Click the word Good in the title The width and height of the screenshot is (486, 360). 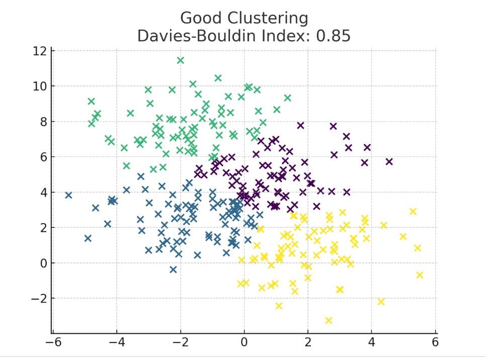tap(199, 18)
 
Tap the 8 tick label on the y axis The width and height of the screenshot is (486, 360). tap(43, 122)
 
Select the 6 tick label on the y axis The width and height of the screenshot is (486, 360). tap(43, 157)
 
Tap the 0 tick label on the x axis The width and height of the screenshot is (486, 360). tap(244, 343)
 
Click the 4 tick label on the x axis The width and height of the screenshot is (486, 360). tap(372, 343)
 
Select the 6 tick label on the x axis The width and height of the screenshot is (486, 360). tap(436, 343)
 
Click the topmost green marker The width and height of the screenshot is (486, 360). tap(180, 60)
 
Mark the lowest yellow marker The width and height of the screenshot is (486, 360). tap(329, 320)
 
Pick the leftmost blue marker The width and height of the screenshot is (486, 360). tap(68, 195)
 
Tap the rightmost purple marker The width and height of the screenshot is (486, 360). tap(389, 161)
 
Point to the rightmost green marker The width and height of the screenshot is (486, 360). tap(287, 98)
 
